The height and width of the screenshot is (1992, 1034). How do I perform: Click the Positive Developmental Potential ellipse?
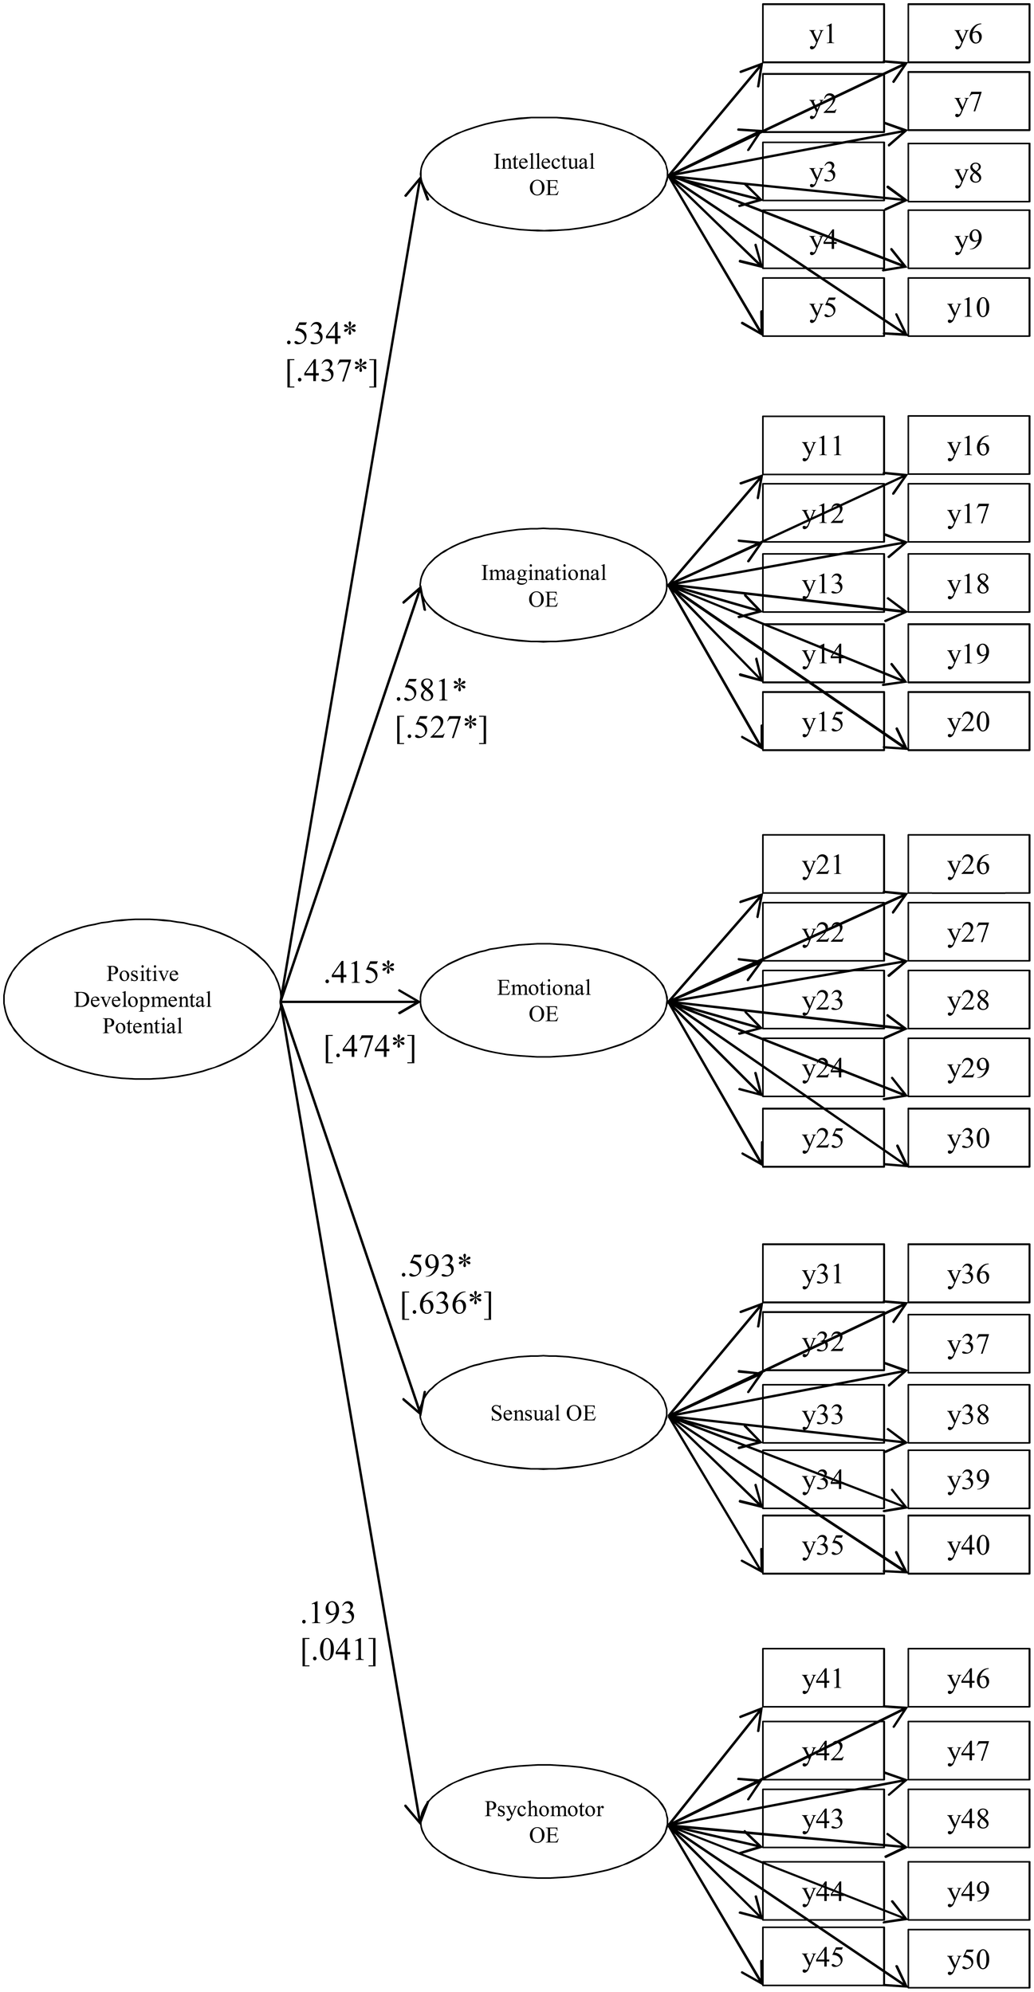[143, 999]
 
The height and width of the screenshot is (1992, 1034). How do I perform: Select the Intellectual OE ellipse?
[544, 174]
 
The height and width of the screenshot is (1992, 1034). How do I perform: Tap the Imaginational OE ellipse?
[544, 586]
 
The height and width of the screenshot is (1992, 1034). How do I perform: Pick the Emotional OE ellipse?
[544, 1001]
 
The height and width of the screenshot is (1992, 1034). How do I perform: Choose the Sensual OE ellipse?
[544, 1413]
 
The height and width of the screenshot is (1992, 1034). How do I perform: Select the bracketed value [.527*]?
[441, 728]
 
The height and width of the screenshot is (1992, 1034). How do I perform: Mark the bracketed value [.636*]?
[446, 1304]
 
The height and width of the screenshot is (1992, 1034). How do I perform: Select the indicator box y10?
[968, 308]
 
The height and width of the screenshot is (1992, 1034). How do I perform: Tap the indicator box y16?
[968, 446]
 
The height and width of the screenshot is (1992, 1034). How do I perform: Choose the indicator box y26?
[968, 865]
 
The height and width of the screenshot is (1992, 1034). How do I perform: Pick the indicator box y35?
[823, 1546]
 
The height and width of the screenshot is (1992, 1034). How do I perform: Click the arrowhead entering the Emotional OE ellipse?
[413, 1002]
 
